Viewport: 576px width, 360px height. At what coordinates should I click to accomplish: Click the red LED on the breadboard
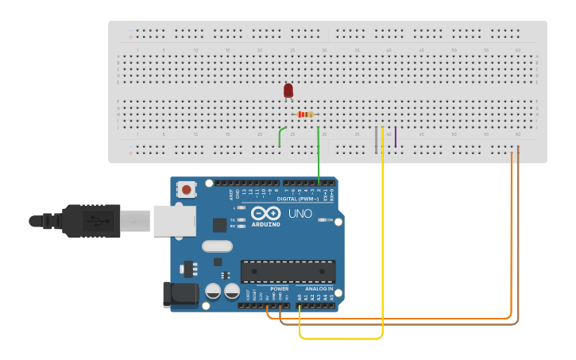point(288,91)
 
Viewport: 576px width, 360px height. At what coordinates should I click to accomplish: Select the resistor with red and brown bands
point(305,114)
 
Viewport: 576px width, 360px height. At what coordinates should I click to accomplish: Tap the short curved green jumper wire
point(280,136)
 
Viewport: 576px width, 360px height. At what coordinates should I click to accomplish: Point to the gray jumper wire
point(376,139)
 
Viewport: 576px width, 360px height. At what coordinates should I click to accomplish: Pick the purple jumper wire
point(395,137)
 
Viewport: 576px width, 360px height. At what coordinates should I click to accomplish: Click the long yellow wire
point(382,238)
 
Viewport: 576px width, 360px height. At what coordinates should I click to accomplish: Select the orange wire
point(511,238)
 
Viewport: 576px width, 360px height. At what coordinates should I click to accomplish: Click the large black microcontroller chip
point(288,271)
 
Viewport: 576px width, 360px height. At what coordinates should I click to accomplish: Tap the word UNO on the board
point(300,214)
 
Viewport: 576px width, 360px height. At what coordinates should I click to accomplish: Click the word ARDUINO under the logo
point(265,224)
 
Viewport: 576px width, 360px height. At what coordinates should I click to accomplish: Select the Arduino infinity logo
point(265,213)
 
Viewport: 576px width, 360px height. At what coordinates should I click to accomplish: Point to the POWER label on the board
point(279,288)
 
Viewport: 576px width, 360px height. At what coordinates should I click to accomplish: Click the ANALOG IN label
point(319,288)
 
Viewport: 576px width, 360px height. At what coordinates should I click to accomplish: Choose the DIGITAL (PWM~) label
point(297,199)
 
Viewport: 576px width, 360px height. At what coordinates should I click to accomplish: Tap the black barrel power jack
point(180,294)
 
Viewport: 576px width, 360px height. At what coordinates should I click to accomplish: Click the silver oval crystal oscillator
point(217,246)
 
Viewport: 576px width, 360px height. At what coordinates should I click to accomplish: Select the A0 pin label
point(300,297)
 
